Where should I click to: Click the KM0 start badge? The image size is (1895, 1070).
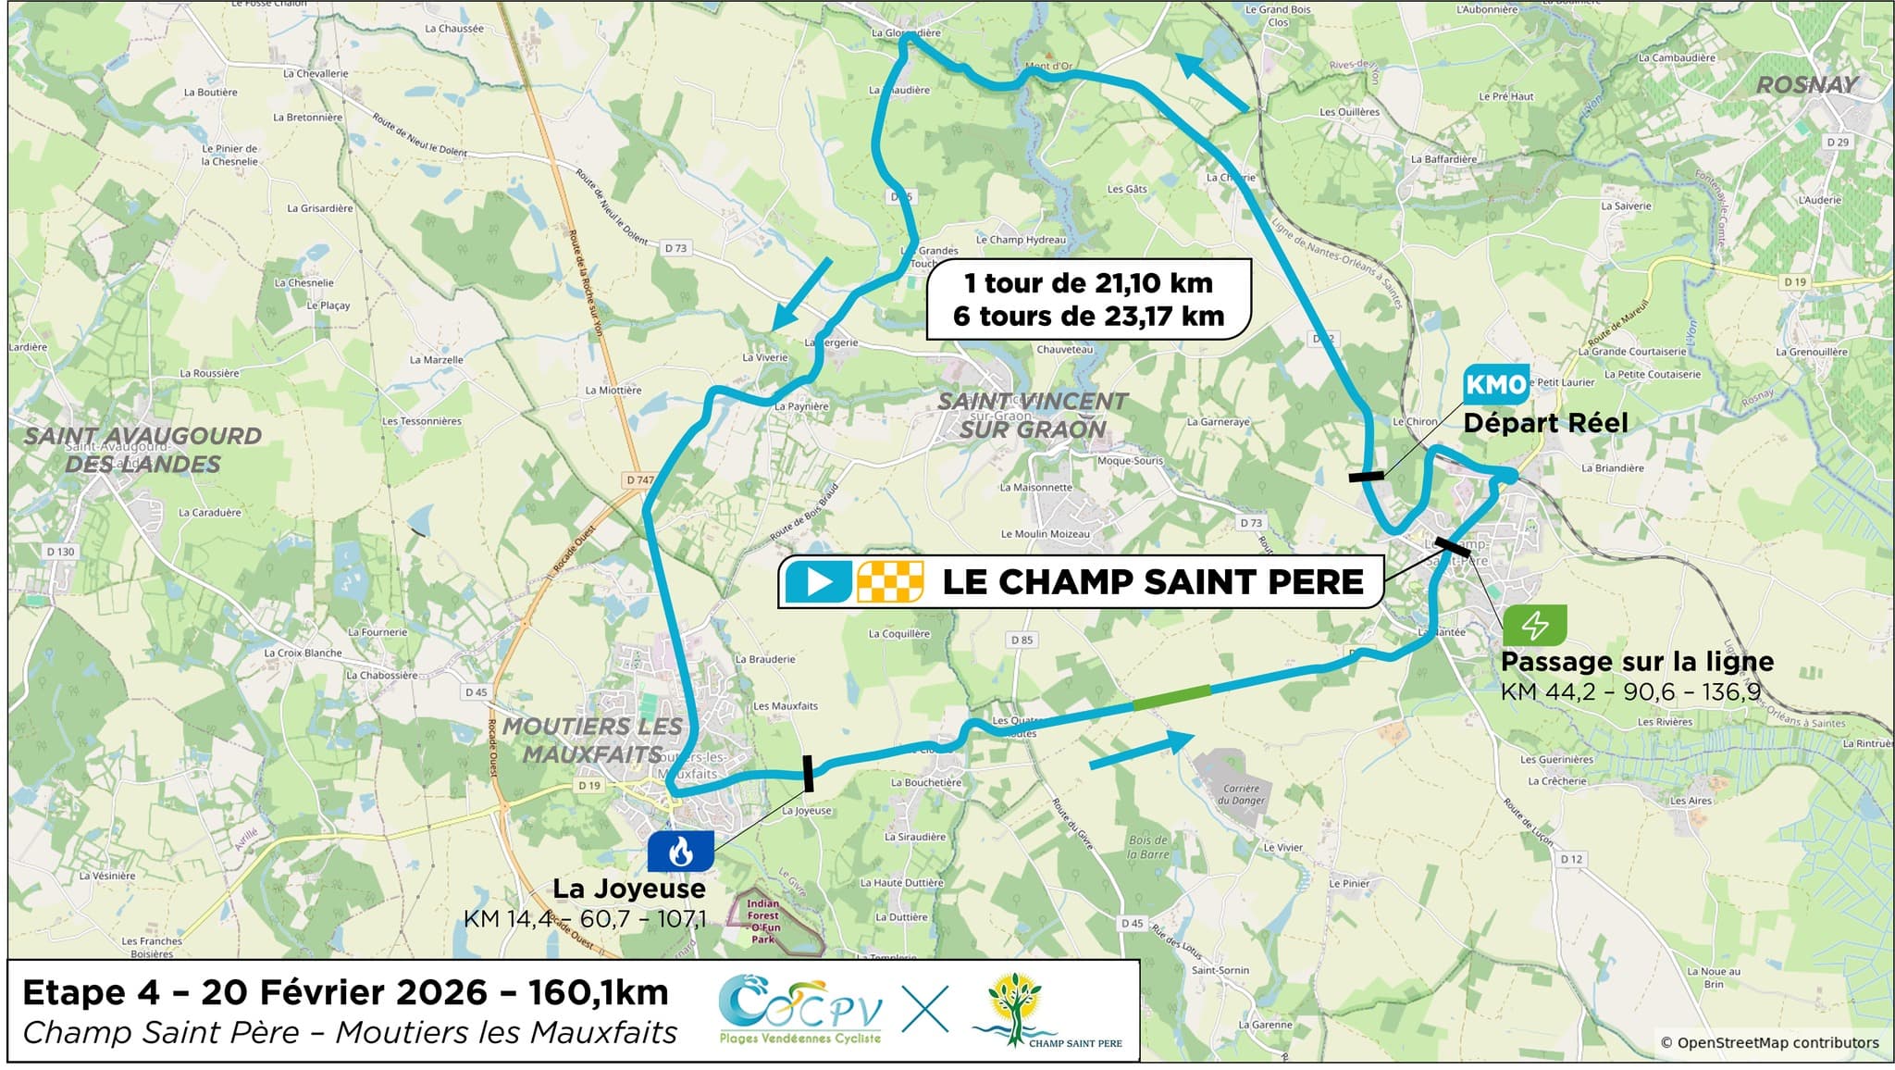point(1495,384)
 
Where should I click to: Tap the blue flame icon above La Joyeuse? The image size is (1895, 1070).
point(680,851)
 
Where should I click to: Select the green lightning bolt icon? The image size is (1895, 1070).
point(1534,626)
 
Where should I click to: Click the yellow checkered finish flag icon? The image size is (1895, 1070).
point(890,581)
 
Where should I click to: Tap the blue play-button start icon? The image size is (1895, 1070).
point(818,581)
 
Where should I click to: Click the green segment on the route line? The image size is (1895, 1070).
point(1171,698)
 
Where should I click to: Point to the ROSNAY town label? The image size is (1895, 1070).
point(1806,85)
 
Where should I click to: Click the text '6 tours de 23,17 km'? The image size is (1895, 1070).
point(1088,317)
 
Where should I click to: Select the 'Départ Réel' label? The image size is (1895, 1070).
point(1544,423)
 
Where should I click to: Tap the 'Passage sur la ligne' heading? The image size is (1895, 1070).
point(1636,662)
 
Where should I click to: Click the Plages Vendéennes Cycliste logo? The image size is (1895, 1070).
point(800,1010)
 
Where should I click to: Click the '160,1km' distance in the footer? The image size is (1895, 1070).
point(598,992)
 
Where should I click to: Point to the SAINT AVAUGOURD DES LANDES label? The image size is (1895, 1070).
point(142,450)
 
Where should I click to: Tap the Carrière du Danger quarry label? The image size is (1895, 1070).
point(1243,794)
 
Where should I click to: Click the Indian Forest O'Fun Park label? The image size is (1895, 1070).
point(763,921)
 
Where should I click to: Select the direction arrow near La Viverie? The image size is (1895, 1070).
point(801,293)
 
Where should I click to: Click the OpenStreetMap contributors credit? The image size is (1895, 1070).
point(1769,1042)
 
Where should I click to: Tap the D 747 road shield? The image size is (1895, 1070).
point(639,479)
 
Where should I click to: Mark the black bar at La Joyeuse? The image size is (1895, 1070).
point(808,774)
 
